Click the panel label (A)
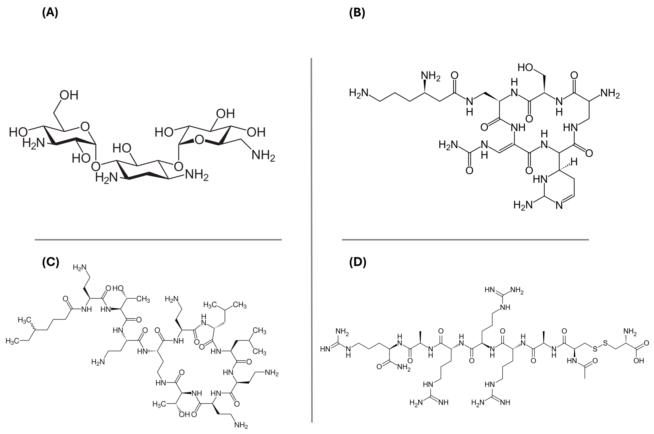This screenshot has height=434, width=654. point(50,13)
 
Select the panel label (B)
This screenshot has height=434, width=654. point(357,13)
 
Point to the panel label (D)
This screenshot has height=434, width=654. point(358,262)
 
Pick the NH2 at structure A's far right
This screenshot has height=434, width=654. point(263,156)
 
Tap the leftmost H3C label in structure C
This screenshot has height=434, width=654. point(13,341)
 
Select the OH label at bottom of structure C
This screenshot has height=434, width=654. point(184,415)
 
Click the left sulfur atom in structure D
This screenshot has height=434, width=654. point(595,350)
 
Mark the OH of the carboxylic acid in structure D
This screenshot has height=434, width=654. point(638,361)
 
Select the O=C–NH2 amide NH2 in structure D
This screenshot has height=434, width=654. point(403,367)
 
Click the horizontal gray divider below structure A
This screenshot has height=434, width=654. point(158,240)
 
